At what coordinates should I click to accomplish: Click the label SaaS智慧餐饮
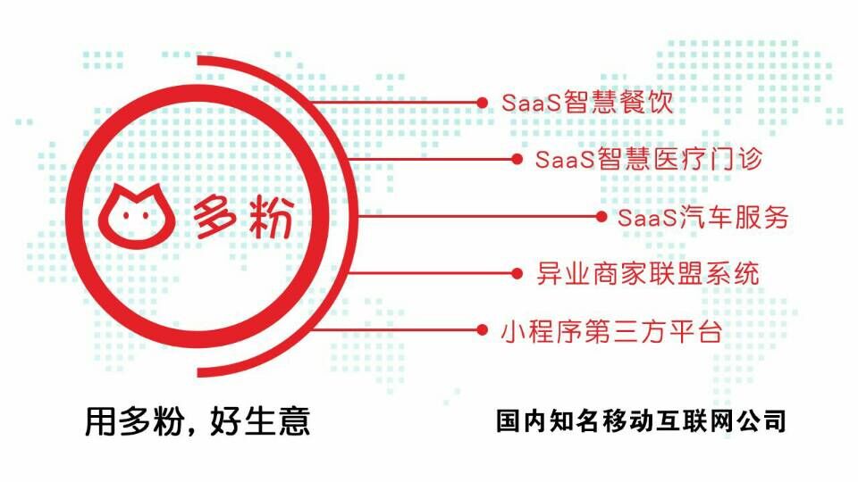pyautogui.click(x=586, y=103)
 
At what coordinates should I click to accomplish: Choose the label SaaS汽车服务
pyautogui.click(x=703, y=217)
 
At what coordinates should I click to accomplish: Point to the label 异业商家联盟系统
pyautogui.click(x=648, y=273)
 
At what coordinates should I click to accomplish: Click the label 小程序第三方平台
pyautogui.click(x=610, y=330)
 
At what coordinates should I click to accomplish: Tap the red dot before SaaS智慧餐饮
pyautogui.click(x=483, y=104)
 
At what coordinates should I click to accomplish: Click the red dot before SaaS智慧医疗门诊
pyautogui.click(x=517, y=159)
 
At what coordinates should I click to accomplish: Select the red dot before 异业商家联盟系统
pyautogui.click(x=517, y=273)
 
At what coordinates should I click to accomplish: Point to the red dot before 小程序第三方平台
pyautogui.click(x=483, y=330)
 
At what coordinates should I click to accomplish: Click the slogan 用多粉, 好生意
pyautogui.click(x=198, y=420)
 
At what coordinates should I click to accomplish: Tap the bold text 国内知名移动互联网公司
pyautogui.click(x=641, y=420)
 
